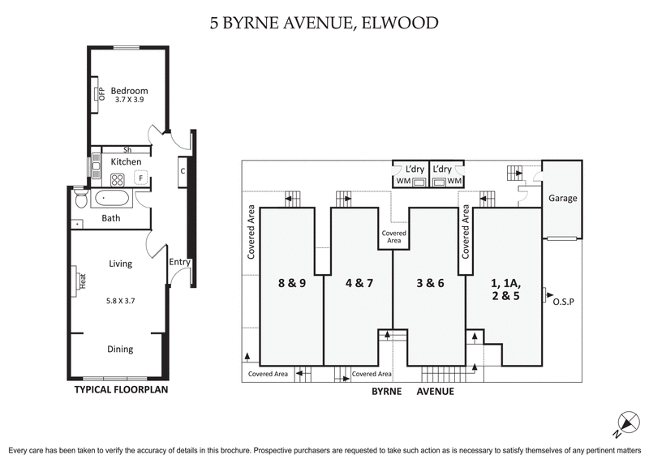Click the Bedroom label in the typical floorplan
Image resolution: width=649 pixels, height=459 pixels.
[129, 90]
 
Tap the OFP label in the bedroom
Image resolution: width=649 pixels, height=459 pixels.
[102, 92]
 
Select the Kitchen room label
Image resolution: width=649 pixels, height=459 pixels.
[126, 162]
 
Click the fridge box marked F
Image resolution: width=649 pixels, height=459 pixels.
[140, 177]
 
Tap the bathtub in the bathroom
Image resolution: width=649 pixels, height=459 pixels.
[110, 198]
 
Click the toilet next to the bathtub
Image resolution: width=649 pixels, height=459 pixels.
[79, 195]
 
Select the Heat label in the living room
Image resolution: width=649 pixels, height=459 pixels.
[83, 281]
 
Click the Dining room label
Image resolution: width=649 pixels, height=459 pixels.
[120, 350]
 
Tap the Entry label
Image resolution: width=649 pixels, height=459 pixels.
[179, 262]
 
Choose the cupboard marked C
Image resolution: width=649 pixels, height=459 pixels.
[183, 170]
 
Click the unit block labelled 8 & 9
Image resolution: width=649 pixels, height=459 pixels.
[291, 283]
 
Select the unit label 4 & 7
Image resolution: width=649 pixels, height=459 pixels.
[358, 283]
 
